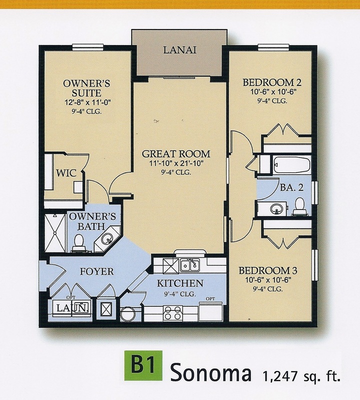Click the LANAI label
[178, 50]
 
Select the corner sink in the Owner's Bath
[107, 238]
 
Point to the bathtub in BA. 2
[291, 164]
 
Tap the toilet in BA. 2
[299, 205]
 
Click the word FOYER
[96, 271]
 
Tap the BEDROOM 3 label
[268, 270]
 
